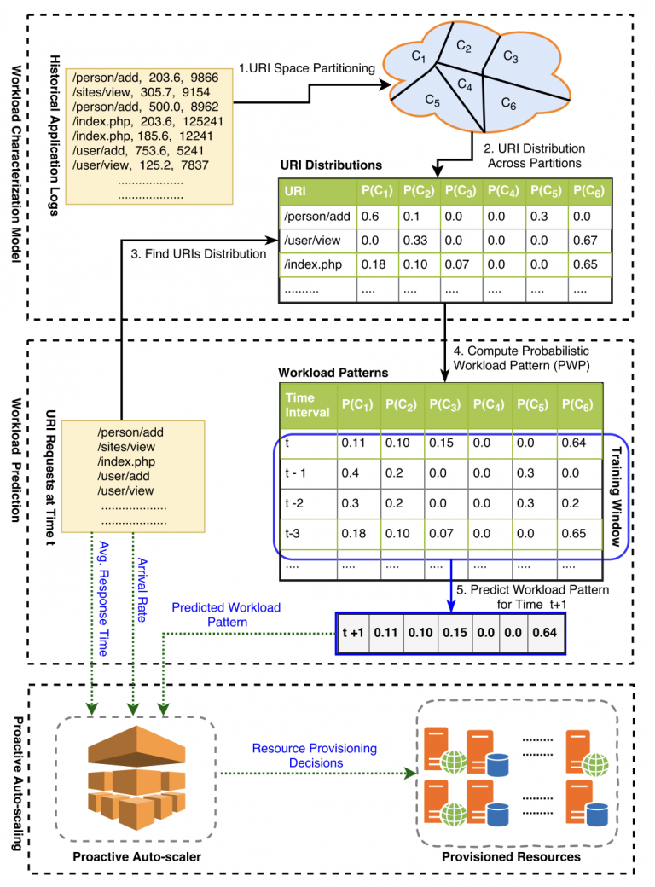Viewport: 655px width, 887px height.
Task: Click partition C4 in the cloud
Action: tap(464, 85)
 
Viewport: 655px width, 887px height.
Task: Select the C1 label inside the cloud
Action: tap(417, 57)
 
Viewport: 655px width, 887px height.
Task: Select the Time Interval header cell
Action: tap(305, 404)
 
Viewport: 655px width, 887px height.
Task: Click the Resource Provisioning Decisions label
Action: tap(315, 756)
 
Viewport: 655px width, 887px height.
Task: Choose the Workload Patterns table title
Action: tap(332, 374)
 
